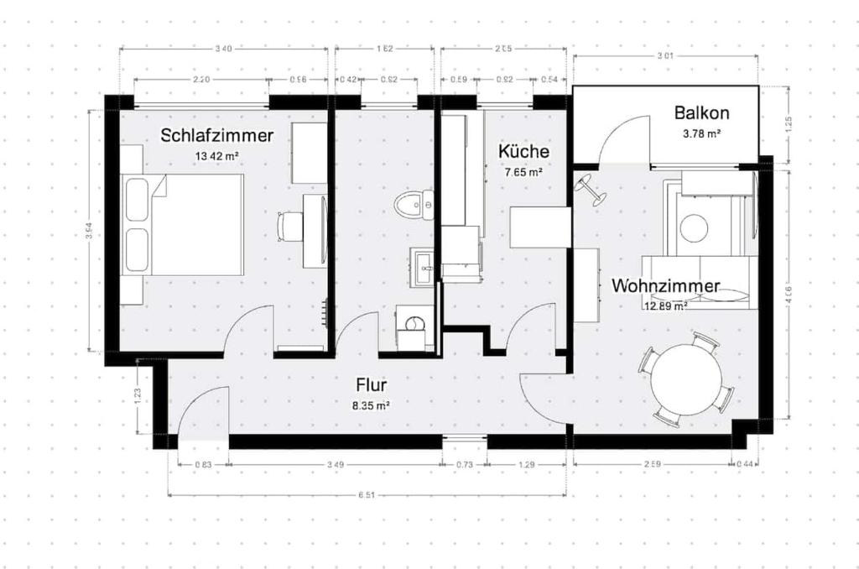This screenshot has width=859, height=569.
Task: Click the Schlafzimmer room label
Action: tap(217, 135)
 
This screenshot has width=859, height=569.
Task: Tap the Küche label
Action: tap(523, 152)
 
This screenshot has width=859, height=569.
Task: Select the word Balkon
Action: tap(701, 113)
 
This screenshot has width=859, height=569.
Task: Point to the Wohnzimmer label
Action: tap(665, 286)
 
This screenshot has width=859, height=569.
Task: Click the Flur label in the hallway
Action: tap(371, 385)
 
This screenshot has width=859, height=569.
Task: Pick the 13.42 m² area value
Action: tap(216, 156)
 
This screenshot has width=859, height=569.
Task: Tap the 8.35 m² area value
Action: tap(370, 405)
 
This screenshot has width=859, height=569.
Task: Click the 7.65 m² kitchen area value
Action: tap(523, 172)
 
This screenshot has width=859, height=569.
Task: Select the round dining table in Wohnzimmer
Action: tap(686, 379)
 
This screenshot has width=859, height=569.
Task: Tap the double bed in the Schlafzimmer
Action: tap(185, 224)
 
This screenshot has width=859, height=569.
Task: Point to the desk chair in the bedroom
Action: tap(290, 225)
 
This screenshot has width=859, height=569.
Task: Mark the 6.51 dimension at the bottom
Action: tap(366, 495)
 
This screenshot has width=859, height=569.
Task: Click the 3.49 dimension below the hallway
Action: tap(335, 464)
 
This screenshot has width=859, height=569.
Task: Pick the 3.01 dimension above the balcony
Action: tap(665, 57)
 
